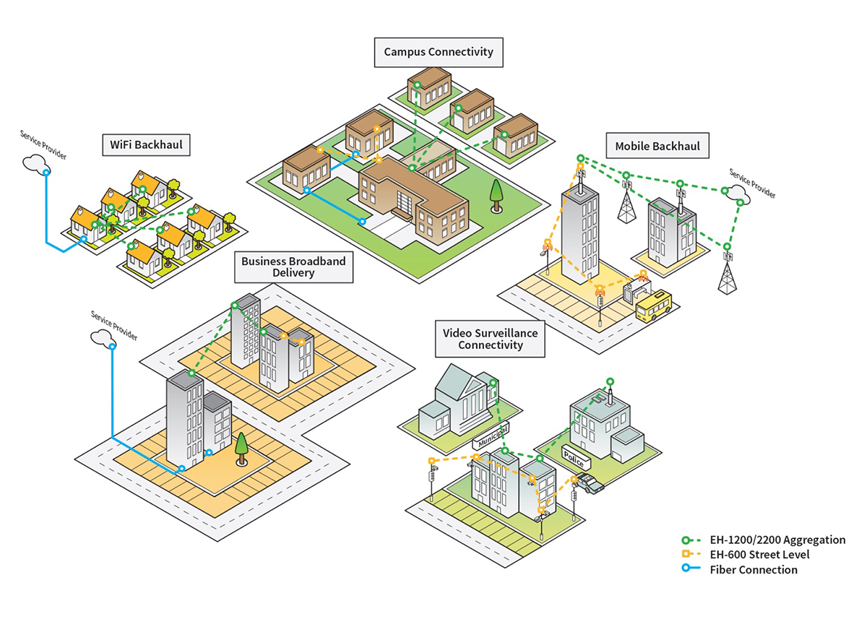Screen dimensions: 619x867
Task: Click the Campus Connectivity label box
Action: pos(439,52)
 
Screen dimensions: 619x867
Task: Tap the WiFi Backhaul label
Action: pos(145,145)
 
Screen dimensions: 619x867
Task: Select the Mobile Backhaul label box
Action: pos(657,147)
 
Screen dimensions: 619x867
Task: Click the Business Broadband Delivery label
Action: pos(293,267)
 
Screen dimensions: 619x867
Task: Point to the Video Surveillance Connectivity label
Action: pos(489,339)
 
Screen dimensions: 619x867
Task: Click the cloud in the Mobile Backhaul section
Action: pos(736,194)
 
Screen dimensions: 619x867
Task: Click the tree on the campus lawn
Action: pos(496,195)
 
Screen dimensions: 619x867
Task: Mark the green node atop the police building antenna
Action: pos(610,381)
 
